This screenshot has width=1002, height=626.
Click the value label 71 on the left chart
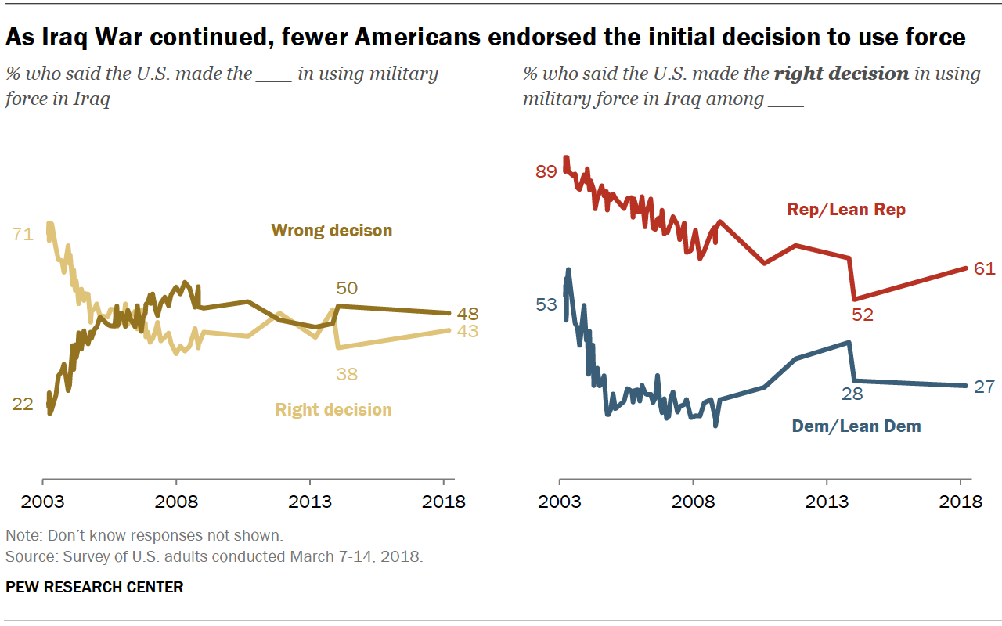pos(23,233)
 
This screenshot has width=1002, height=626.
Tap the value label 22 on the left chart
pos(23,404)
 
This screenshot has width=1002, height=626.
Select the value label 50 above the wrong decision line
pos(347,288)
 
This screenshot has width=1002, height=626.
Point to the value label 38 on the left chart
pos(347,374)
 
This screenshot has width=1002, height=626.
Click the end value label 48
pos(467,315)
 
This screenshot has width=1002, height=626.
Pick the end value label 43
pos(467,331)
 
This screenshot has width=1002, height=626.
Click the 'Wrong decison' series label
pos(331,231)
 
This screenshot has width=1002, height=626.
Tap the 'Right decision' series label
pos(333,409)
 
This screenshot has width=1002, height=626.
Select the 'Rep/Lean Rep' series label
pos(845,210)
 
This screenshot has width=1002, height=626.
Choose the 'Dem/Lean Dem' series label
pos(856,426)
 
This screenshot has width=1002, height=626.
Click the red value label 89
pos(546,171)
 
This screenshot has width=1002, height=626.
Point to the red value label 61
pos(984,269)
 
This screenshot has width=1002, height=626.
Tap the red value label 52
pos(863,315)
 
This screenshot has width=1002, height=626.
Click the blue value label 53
pos(546,304)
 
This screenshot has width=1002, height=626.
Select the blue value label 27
pos(984,387)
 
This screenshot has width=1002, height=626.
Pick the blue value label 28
pos(852,394)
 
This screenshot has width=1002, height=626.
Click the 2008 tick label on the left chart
pos(177,502)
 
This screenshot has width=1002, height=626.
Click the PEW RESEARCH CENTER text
pos(95,587)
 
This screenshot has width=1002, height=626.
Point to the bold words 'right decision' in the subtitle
pos(842,74)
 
